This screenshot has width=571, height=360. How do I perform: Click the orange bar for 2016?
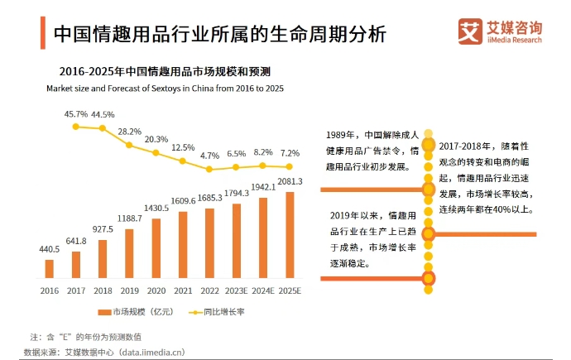pos(49,268)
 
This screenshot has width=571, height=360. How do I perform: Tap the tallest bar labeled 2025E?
pos(289,235)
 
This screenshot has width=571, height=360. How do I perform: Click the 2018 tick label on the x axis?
pos(103,290)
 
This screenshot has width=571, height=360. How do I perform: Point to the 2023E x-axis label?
pos(236,290)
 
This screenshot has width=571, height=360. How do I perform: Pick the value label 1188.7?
pos(129,218)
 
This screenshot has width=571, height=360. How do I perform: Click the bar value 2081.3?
pos(290,181)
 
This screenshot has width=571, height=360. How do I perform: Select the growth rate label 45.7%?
pos(75,113)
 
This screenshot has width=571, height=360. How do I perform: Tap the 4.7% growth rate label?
pos(209,155)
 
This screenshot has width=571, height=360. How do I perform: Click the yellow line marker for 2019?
pos(129,145)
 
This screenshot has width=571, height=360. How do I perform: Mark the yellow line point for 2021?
pos(182,162)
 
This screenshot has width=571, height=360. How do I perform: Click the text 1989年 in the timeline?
pos(340,135)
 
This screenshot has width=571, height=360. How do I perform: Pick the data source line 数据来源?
pos(103,352)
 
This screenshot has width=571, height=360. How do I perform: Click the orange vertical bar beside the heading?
pos(41,36)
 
